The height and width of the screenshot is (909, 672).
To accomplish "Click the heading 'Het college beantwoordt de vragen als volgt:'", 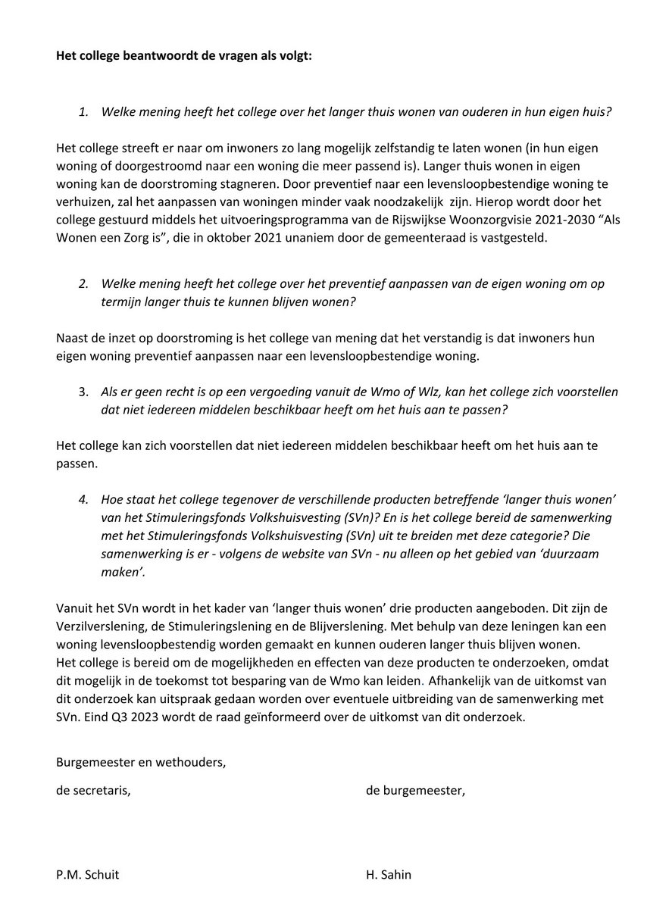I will point(183,58).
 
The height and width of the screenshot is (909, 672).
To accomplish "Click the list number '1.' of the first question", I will point(85,111).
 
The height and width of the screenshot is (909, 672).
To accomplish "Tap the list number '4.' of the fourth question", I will point(85,498).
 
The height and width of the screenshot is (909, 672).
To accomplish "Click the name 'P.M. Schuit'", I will point(88,875).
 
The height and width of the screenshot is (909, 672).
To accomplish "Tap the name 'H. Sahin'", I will point(389,875).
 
